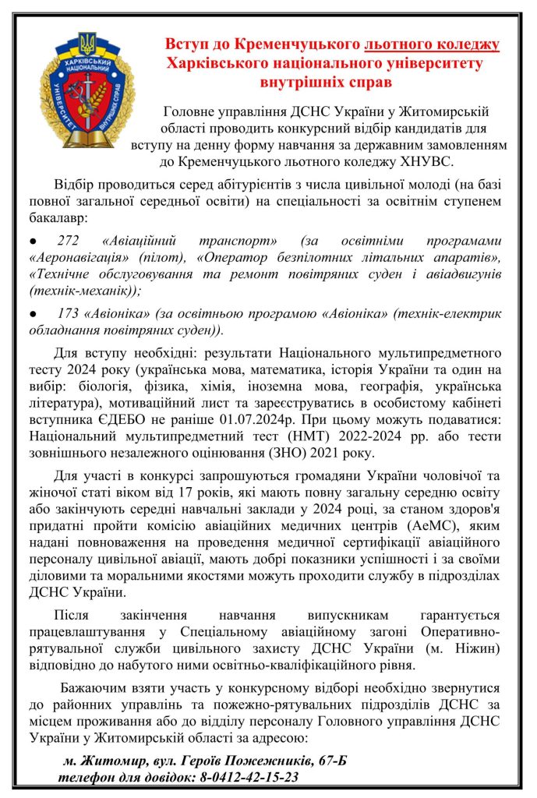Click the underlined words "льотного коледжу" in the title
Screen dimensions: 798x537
click(x=433, y=44)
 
